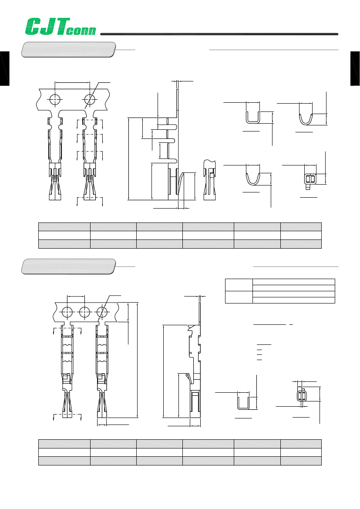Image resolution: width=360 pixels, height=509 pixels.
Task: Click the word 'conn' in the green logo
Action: [x=81, y=30]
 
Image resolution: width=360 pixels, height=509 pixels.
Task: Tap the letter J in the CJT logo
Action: [x=48, y=27]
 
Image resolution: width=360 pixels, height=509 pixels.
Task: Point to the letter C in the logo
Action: [x=34, y=27]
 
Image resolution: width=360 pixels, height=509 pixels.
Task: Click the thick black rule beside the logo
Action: [x=219, y=34]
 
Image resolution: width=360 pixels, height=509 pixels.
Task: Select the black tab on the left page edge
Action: [x=4, y=68]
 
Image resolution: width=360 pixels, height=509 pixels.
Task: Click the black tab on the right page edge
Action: [x=355, y=68]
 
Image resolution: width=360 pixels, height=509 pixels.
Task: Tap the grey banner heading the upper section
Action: [x=68, y=50]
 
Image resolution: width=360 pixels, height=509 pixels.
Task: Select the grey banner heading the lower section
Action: [x=68, y=266]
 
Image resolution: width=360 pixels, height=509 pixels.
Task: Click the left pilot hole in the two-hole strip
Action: [x=55, y=99]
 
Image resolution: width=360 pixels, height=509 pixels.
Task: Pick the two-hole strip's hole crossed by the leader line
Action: [x=90, y=99]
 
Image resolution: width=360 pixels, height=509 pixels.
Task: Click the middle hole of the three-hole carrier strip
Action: [x=85, y=312]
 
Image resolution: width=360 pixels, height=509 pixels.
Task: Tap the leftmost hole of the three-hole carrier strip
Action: [x=67, y=312]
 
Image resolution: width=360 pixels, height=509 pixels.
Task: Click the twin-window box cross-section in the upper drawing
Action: [x=311, y=179]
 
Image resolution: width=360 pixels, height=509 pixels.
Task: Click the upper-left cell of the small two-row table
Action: [x=239, y=285]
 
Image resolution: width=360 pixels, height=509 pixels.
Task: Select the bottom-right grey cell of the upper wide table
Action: [x=301, y=244]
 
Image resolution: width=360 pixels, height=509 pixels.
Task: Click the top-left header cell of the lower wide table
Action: [x=64, y=444]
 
